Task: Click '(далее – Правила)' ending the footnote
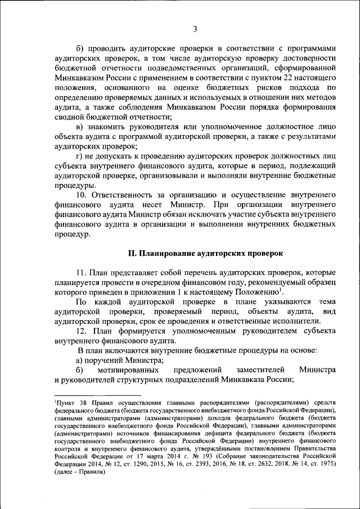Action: pos(79,472)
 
